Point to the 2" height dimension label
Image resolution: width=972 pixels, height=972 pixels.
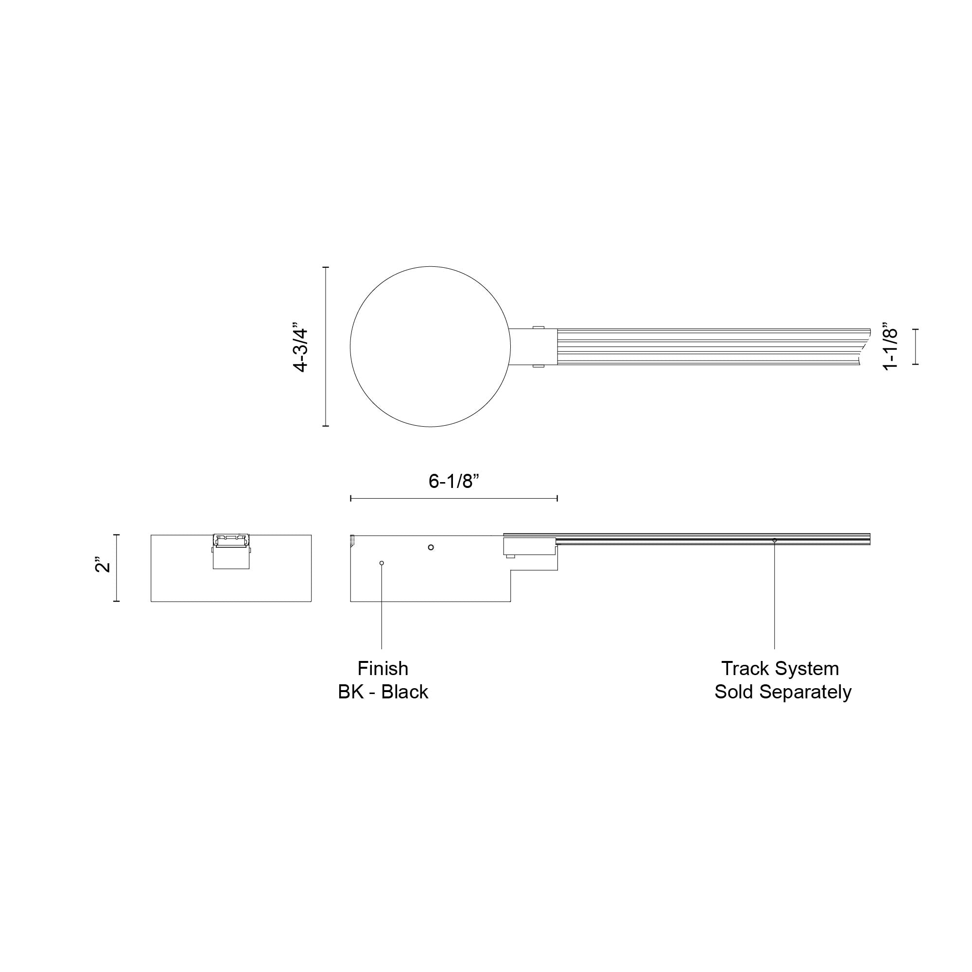103,564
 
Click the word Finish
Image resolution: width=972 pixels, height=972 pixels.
383,669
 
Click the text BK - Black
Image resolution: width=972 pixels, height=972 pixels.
383,692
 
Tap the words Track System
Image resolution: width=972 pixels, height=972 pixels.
780,669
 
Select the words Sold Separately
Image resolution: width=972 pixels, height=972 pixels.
783,692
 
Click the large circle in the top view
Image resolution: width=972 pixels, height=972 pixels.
430,347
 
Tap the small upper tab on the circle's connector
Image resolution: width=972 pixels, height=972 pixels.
538,327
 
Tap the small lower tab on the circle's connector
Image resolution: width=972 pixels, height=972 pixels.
538,367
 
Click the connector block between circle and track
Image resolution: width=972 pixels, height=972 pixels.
533,347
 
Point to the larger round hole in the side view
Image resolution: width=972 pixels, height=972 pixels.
431,547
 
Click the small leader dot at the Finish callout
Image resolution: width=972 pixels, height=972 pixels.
382,563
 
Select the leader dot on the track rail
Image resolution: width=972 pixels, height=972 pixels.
775,540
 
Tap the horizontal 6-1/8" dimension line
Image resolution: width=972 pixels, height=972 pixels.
453,499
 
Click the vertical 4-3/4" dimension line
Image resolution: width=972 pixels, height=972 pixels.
326,347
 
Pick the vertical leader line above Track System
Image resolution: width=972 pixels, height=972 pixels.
775,594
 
